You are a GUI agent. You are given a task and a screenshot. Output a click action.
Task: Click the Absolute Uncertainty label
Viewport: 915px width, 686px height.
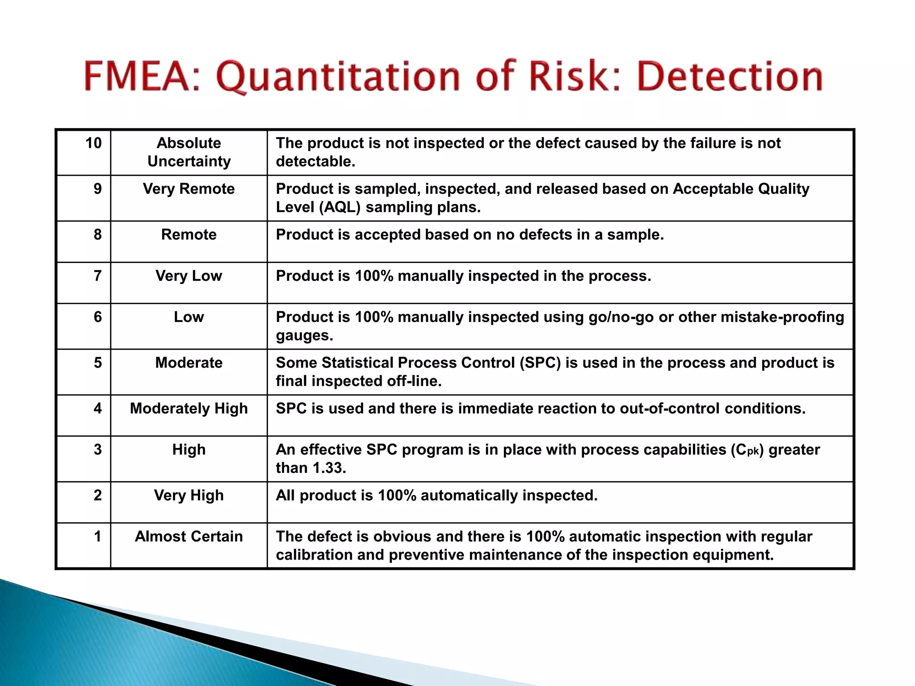(x=189, y=152)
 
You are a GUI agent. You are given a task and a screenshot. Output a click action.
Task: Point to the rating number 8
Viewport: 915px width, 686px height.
(x=97, y=234)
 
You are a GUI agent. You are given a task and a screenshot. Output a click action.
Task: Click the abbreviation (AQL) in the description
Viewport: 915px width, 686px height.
(x=340, y=207)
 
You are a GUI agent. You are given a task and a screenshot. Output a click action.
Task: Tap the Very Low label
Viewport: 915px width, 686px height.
(x=189, y=276)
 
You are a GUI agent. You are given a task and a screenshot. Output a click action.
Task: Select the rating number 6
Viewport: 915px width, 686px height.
(x=97, y=317)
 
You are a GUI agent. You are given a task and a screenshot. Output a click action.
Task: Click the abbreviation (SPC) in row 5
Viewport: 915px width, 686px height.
(x=540, y=363)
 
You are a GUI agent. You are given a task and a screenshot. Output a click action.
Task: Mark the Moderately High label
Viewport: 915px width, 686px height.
(x=189, y=408)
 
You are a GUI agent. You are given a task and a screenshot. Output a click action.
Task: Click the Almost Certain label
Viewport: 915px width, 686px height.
(x=189, y=536)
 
